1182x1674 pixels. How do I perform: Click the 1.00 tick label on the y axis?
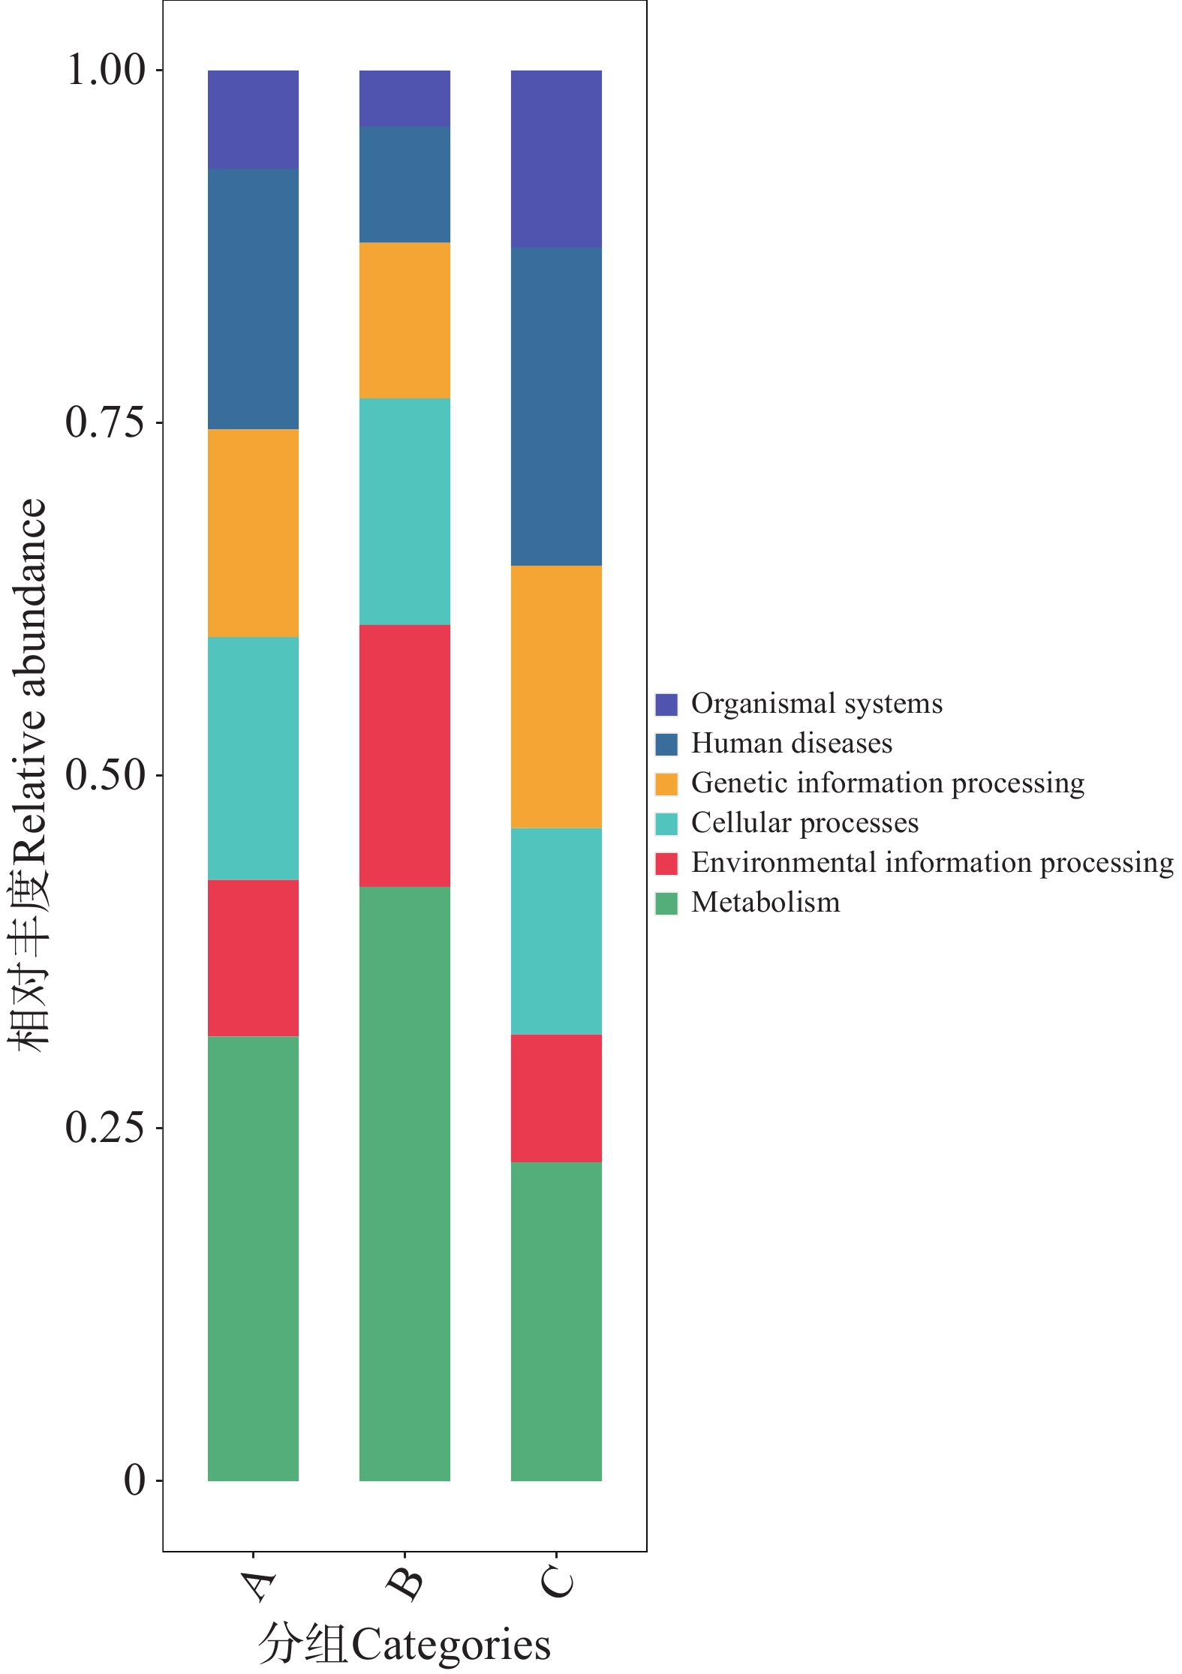[105, 70]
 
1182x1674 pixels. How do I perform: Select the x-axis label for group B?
[405, 1583]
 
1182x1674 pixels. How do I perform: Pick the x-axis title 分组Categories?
[405, 1643]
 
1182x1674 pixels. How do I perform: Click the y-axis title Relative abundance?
[30, 773]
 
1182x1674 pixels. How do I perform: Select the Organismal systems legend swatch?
[666, 705]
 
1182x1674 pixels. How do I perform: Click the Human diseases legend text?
[792, 744]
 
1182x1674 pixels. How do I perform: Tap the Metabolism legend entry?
[765, 903]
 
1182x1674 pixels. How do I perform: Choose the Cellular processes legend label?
[805, 823]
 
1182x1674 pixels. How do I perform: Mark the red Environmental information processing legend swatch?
[666, 864]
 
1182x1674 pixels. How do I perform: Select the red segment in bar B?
[405, 756]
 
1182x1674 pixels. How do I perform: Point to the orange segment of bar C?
[556, 696]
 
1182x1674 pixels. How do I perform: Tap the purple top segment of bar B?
[405, 98]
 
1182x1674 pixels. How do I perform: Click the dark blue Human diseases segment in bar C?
[556, 406]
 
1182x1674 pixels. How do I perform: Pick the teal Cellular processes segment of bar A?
[253, 758]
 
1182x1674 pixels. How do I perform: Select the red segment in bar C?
[556, 1098]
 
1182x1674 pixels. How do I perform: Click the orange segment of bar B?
[405, 320]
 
